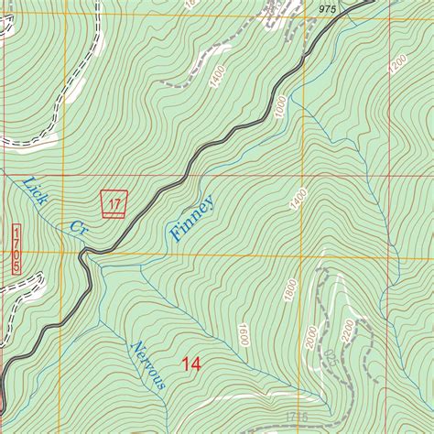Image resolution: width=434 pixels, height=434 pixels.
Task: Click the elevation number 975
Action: click(329, 8)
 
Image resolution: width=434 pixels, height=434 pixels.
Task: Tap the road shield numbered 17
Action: click(113, 202)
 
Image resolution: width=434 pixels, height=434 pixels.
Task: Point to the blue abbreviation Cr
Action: click(78, 229)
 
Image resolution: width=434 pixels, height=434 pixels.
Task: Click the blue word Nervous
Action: click(146, 364)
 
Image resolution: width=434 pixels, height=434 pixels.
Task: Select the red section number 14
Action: click(190, 364)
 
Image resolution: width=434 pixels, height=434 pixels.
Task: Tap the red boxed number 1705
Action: click(16, 247)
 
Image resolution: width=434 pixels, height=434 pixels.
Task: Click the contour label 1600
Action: click(244, 336)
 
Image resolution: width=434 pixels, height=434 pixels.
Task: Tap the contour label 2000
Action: click(311, 337)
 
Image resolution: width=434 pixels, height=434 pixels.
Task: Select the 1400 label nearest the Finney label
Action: click(295, 199)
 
